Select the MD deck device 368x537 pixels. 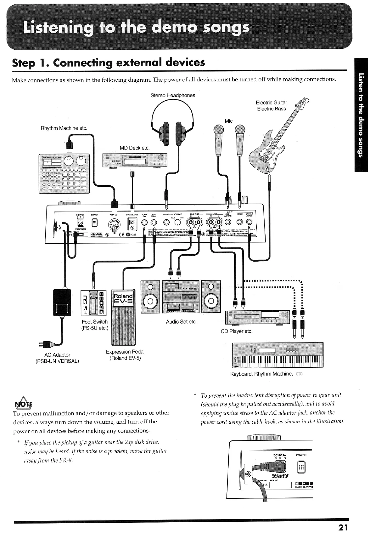(x=135, y=160)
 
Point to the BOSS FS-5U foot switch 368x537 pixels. (x=94, y=301)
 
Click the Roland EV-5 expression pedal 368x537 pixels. (x=124, y=316)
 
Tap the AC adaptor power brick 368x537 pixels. (x=62, y=302)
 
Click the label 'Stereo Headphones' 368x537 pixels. (x=173, y=95)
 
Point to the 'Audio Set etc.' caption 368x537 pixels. (x=181, y=322)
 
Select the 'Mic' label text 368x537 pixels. (x=228, y=121)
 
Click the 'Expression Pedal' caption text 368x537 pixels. (x=125, y=352)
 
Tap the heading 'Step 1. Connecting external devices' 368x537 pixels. (x=108, y=63)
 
